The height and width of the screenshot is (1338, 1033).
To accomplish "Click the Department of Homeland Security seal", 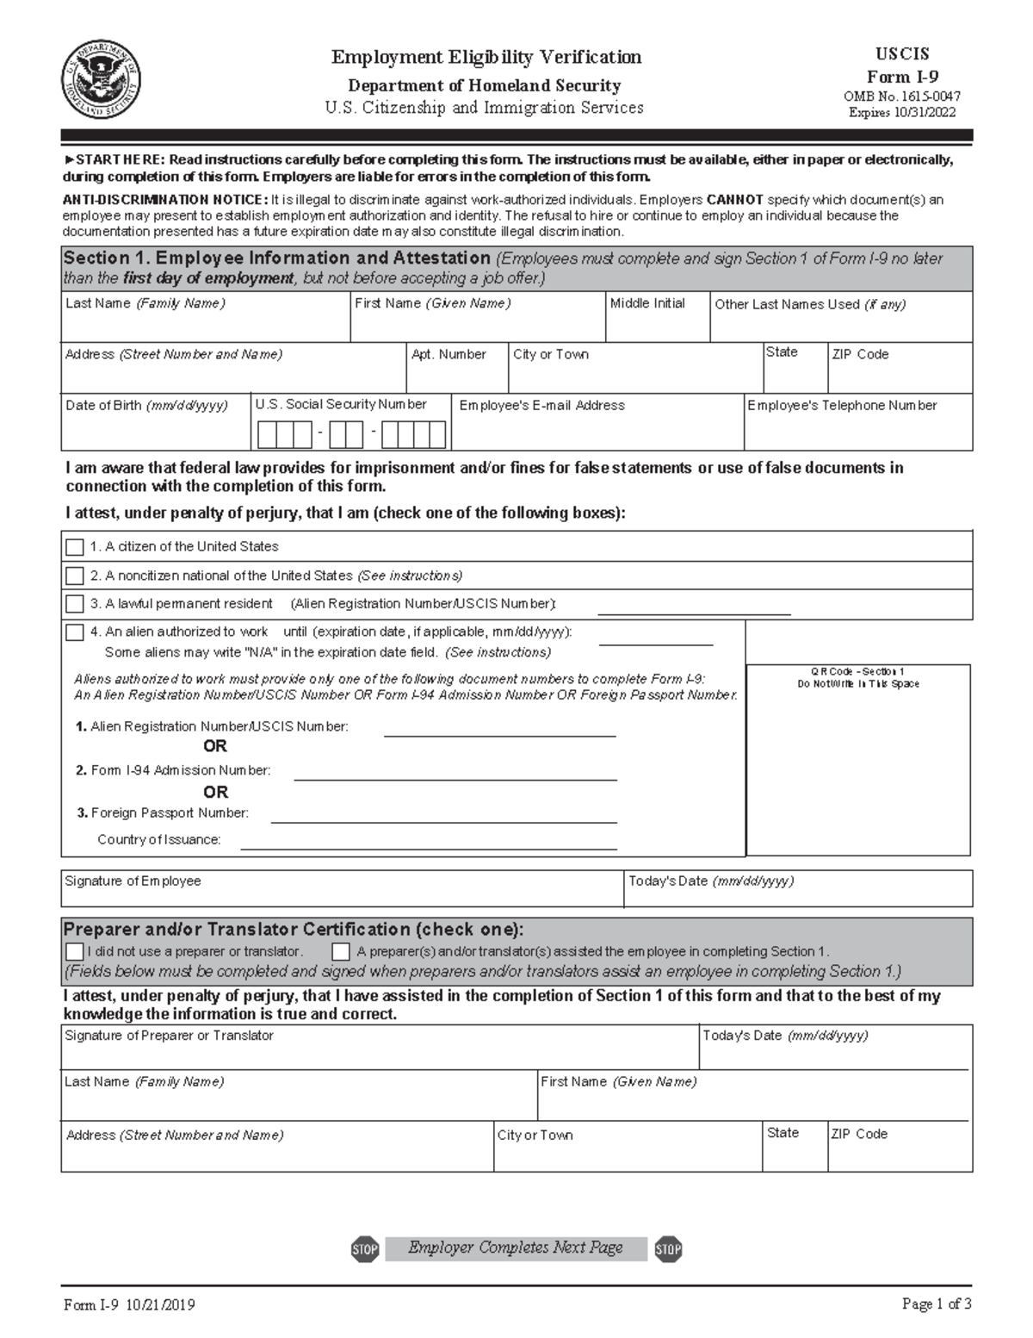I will [x=102, y=82].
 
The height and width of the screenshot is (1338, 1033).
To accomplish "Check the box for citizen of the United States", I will [x=75, y=547].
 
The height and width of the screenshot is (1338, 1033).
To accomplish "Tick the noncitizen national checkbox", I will [x=75, y=576].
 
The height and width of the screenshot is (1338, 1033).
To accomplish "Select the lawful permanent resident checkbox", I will [x=75, y=604].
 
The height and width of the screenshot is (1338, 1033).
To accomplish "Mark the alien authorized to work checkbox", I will [x=75, y=632].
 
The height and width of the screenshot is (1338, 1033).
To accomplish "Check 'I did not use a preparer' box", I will [x=75, y=952].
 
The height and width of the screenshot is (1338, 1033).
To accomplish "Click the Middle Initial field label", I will [x=647, y=303].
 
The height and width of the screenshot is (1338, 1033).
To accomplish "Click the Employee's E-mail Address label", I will [x=541, y=405].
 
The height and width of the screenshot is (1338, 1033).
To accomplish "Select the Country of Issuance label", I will [x=158, y=839].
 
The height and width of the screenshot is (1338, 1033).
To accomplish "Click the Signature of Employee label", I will [x=133, y=881].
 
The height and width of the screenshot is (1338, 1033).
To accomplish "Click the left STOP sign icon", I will [x=365, y=1248].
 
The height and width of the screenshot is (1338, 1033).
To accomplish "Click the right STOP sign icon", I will [x=668, y=1248].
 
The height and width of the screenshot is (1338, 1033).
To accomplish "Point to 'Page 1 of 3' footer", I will [x=937, y=1304].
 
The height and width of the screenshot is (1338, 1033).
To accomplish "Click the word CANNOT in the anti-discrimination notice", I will [x=734, y=200].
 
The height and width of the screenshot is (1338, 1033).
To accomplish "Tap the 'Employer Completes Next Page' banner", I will [x=516, y=1248].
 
